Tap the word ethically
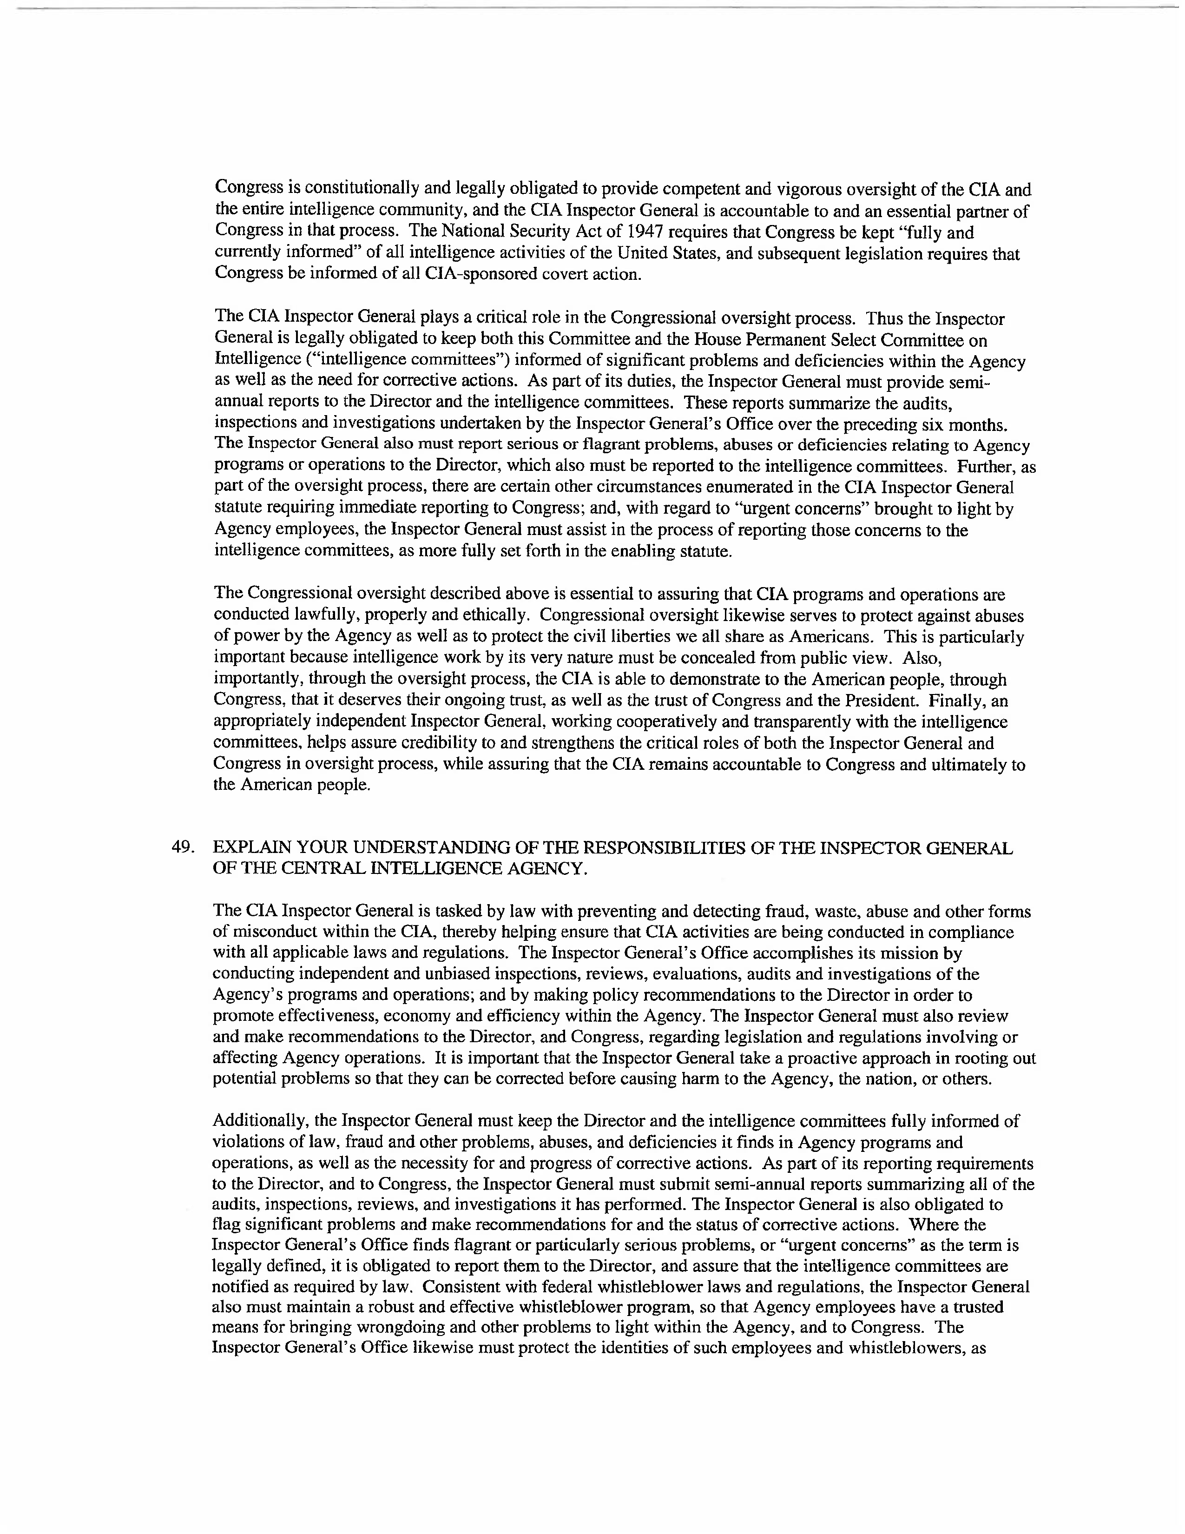(x=495, y=616)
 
